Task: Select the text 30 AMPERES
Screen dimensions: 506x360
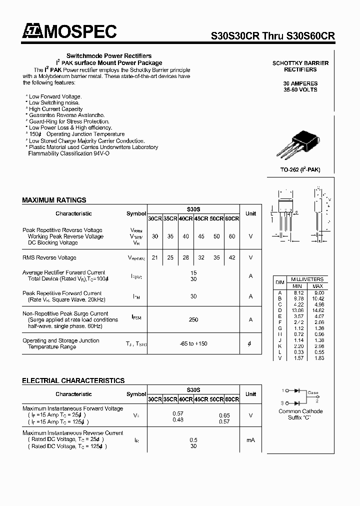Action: pos(300,83)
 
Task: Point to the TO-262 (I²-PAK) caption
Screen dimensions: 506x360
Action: pos(300,170)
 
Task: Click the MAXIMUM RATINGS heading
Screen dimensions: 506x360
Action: pos(54,200)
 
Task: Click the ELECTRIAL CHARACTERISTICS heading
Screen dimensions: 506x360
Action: pos(73,380)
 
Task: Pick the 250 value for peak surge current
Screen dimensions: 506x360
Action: pos(193,320)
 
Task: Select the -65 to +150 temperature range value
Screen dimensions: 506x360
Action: pos(193,343)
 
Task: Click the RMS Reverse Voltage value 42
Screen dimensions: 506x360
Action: pos(232,257)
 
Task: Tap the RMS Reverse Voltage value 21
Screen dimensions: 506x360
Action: pos(155,257)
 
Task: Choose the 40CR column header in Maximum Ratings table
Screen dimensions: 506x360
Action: pos(185,218)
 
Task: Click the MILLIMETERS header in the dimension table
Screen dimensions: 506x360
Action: pos(307,279)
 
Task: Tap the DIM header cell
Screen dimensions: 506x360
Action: pos(280,282)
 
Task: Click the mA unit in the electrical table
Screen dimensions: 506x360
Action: pos(250,440)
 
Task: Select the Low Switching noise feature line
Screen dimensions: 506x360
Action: pos(53,102)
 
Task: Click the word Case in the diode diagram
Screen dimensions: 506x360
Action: pos(312,393)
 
